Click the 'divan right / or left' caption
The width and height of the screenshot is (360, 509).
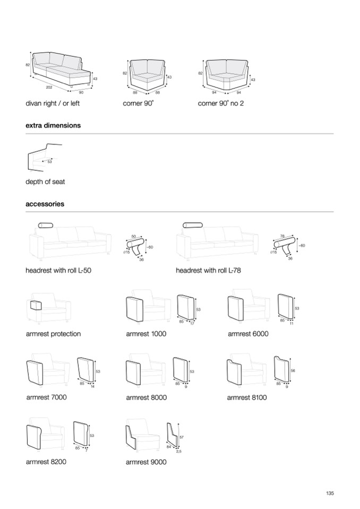tap(53, 103)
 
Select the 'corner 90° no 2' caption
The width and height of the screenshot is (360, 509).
tap(221, 103)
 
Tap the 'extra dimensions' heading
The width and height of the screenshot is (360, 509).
tap(53, 126)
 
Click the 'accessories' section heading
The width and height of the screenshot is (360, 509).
tap(45, 203)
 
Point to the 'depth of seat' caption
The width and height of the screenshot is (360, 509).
tap(45, 182)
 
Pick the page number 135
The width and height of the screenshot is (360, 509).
tap(330, 494)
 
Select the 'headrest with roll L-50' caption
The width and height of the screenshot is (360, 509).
tap(58, 270)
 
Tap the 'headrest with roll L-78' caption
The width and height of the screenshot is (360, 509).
tap(209, 270)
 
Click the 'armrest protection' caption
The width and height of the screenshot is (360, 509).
tap(53, 334)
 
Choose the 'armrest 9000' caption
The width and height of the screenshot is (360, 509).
tap(146, 462)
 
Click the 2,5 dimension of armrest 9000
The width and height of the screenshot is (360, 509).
tap(179, 451)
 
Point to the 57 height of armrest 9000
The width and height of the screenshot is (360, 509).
tap(182, 437)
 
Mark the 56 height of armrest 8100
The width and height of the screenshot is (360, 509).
tap(294, 370)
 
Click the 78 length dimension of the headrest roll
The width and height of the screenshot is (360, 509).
tap(282, 235)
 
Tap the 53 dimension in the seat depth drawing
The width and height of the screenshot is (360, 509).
tap(49, 161)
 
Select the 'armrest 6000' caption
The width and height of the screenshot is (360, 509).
tap(248, 334)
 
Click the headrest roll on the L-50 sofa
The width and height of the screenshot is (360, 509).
tap(47, 226)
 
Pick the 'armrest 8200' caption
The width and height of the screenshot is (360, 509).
tap(46, 462)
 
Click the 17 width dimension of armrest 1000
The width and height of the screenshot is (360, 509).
tap(192, 323)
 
